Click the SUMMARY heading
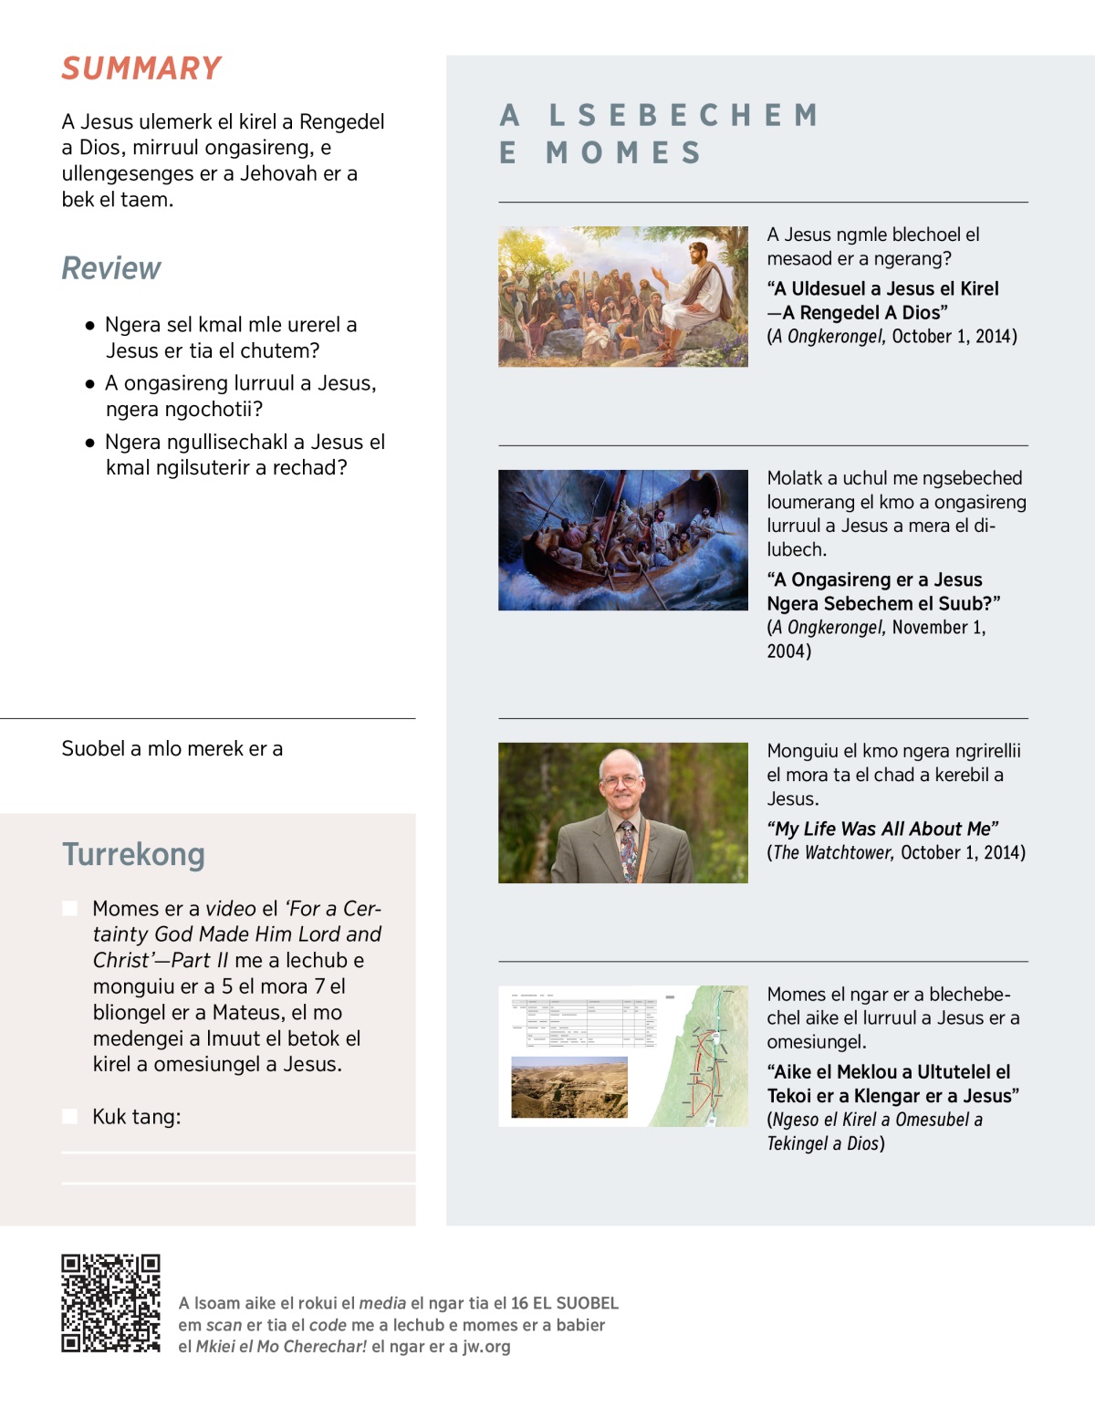[141, 68]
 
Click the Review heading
[111, 268]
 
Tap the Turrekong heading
[133, 854]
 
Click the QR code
[110, 1303]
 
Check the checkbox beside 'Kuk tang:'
[69, 1116]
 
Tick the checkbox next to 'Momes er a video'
[69, 908]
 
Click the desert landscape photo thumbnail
[569, 1087]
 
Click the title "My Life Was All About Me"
[882, 829]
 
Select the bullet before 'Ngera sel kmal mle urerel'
[89, 325]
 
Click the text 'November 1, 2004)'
[876, 639]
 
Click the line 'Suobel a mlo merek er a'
[172, 748]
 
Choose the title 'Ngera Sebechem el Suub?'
[883, 603]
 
